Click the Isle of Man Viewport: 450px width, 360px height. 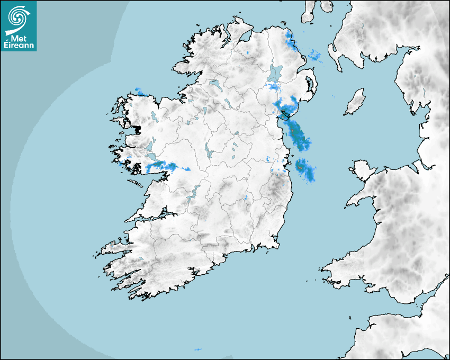355,102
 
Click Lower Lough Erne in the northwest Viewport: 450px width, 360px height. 214,84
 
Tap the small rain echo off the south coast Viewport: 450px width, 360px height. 198,349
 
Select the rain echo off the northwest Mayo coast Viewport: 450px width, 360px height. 140,91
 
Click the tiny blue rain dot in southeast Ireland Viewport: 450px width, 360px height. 246,198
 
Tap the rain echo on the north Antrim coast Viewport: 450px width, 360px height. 289,40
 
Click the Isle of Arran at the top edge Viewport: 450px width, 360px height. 308,11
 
